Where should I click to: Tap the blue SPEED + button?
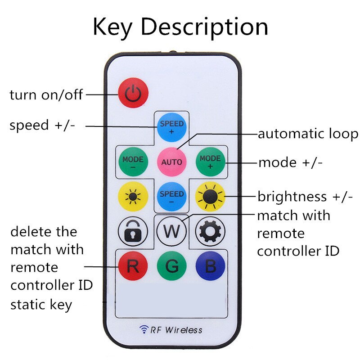click(171, 126)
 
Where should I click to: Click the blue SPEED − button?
click(171, 197)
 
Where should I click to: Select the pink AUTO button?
click(171, 162)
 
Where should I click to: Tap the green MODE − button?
click(133, 162)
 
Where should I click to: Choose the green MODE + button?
click(210, 162)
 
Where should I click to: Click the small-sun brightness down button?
click(133, 197)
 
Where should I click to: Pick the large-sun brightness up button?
click(210, 197)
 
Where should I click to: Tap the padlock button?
click(133, 231)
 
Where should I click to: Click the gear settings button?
click(210, 231)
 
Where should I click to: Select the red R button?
click(133, 266)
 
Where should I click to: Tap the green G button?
click(171, 266)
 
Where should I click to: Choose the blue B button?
click(210, 266)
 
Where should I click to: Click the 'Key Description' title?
click(180, 27)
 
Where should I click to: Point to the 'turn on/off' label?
click(46, 95)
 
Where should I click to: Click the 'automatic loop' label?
click(308, 134)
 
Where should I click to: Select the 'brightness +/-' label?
click(305, 197)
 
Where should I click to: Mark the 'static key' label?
click(41, 305)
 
